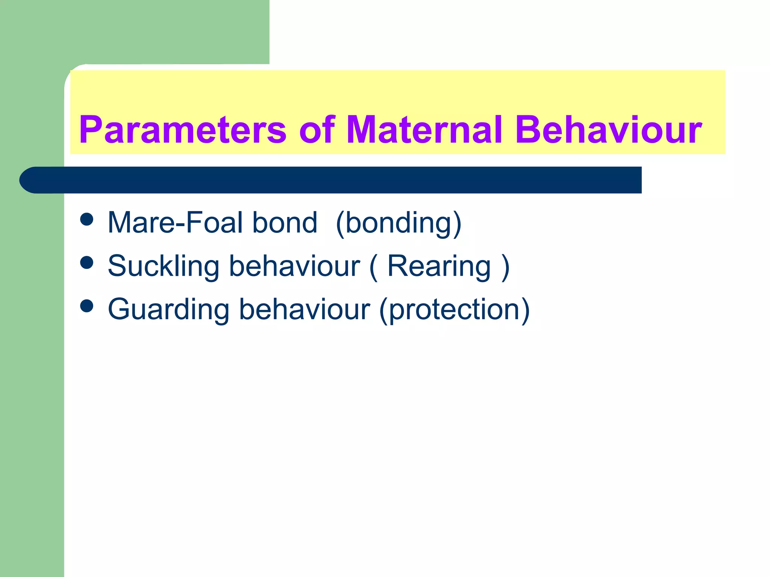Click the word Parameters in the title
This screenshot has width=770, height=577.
(x=183, y=130)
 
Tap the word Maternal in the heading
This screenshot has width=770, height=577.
(x=424, y=130)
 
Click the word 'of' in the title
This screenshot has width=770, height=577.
(x=317, y=130)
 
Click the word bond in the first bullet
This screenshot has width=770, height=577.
(x=285, y=223)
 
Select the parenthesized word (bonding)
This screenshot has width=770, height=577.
(x=398, y=223)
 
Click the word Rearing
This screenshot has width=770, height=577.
(x=439, y=266)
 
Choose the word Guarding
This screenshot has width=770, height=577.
(x=168, y=309)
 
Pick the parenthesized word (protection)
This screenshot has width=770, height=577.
(x=454, y=309)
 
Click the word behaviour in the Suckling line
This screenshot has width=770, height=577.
(x=294, y=266)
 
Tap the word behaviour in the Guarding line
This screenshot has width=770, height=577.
(x=305, y=309)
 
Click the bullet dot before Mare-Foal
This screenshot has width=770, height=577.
(x=87, y=219)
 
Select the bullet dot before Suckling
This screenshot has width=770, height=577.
(x=87, y=263)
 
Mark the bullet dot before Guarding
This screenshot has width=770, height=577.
(x=87, y=306)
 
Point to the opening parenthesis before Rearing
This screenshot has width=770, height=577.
(x=373, y=267)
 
